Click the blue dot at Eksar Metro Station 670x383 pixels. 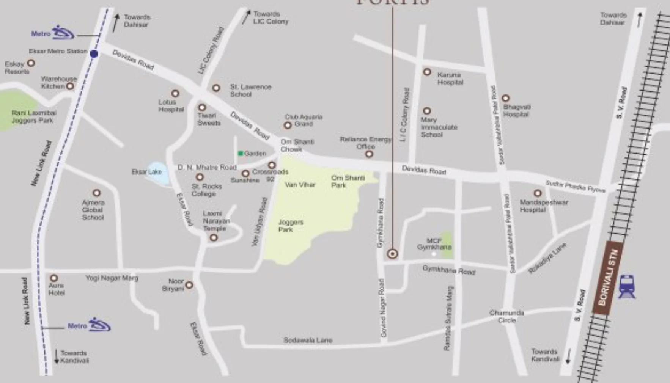pos(94,53)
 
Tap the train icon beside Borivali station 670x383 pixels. pos(627,287)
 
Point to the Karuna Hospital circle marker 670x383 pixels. pos(427,72)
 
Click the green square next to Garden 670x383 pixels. pos(240,153)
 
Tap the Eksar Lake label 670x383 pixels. pos(146,172)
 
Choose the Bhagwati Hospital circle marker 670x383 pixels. pos(505,98)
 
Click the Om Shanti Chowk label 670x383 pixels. pos(297,145)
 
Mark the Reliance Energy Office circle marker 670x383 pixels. pos(369,154)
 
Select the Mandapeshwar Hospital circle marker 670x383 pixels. pos(537,193)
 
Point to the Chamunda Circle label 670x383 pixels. pos(506,316)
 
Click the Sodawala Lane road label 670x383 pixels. pos(308,340)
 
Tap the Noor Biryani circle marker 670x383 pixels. pos(189,285)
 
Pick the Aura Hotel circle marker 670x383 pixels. pos(54,278)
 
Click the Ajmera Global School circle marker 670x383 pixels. pos(97,193)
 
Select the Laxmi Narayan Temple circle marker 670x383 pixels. pos(214,238)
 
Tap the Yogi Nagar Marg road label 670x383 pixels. pos(112,278)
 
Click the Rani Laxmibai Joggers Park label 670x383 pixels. pos(33,116)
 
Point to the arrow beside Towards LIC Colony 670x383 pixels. pos(247,17)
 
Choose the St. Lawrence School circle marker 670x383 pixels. pos(216,88)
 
